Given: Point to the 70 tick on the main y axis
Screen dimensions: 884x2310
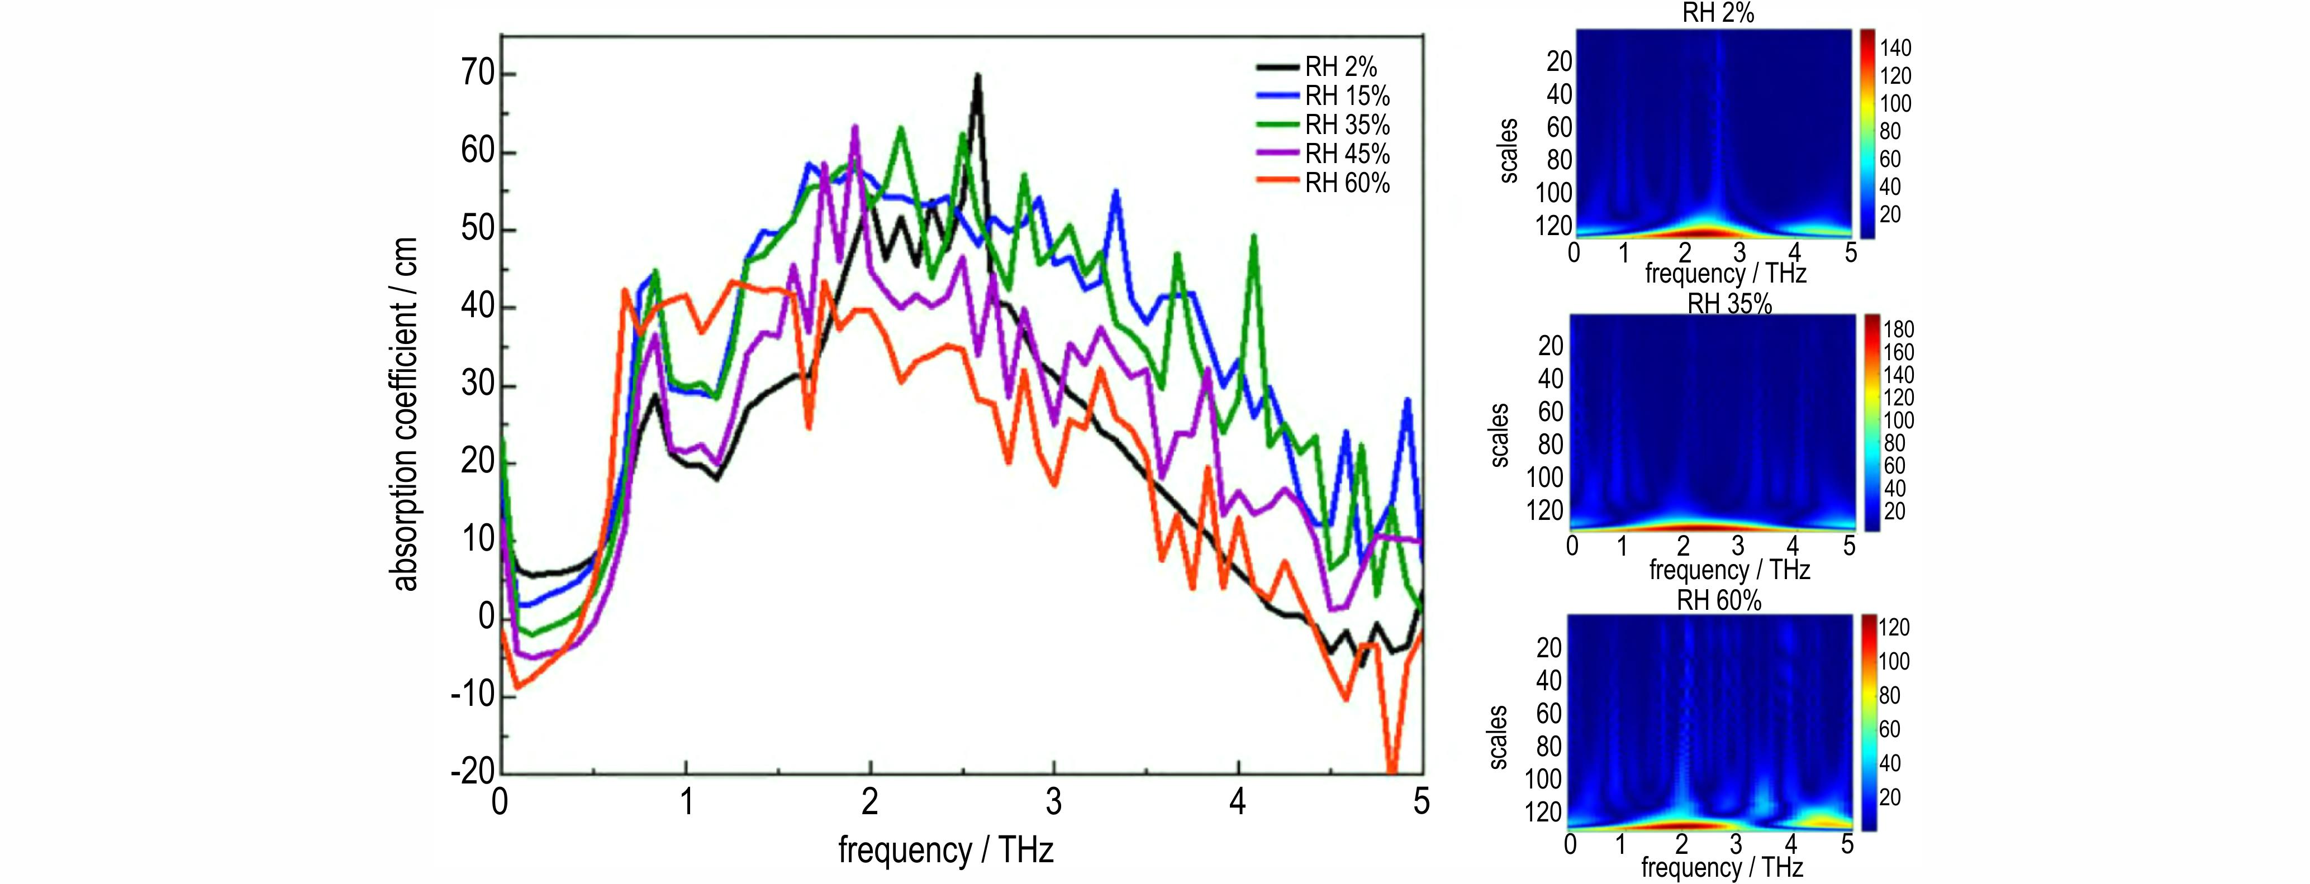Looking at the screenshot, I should [478, 74].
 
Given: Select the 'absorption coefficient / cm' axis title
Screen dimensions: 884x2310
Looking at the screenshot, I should [405, 414].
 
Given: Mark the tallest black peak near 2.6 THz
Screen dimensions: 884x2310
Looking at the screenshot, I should [977, 76].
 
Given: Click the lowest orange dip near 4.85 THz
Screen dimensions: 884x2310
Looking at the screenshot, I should [1392, 769].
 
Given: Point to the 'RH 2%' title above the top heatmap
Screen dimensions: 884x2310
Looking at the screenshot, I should [1717, 12].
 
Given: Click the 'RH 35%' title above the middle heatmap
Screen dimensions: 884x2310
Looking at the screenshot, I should [1729, 304].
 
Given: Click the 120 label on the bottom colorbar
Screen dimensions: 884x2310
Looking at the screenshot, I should [1894, 628].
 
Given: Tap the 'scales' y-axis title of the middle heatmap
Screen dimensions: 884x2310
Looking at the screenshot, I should [1499, 435].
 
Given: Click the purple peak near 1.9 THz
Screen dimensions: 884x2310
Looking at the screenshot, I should [854, 127].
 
